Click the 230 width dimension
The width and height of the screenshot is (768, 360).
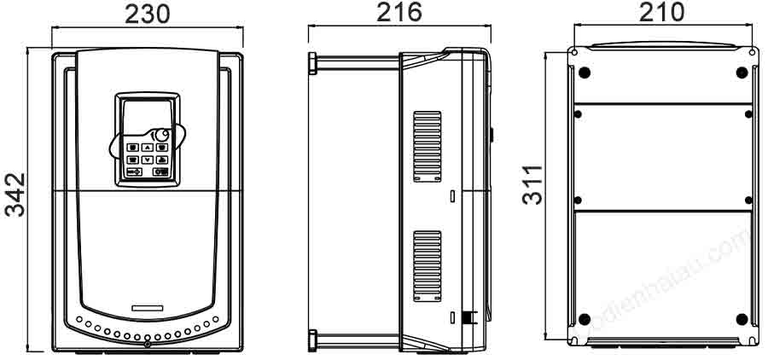(148, 14)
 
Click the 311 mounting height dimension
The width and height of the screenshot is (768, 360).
(532, 183)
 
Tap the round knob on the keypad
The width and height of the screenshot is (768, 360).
(160, 136)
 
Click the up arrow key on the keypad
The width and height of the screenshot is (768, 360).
(147, 147)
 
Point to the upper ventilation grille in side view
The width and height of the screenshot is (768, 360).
(428, 145)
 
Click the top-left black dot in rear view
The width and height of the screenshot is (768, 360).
(585, 71)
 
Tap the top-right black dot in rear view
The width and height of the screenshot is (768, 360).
(741, 71)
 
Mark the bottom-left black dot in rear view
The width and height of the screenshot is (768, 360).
(585, 319)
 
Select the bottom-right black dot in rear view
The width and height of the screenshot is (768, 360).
(741, 319)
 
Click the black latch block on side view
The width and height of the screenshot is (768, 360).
(467, 318)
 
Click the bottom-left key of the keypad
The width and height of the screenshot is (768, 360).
(132, 171)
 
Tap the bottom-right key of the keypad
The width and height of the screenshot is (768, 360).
(160, 171)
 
